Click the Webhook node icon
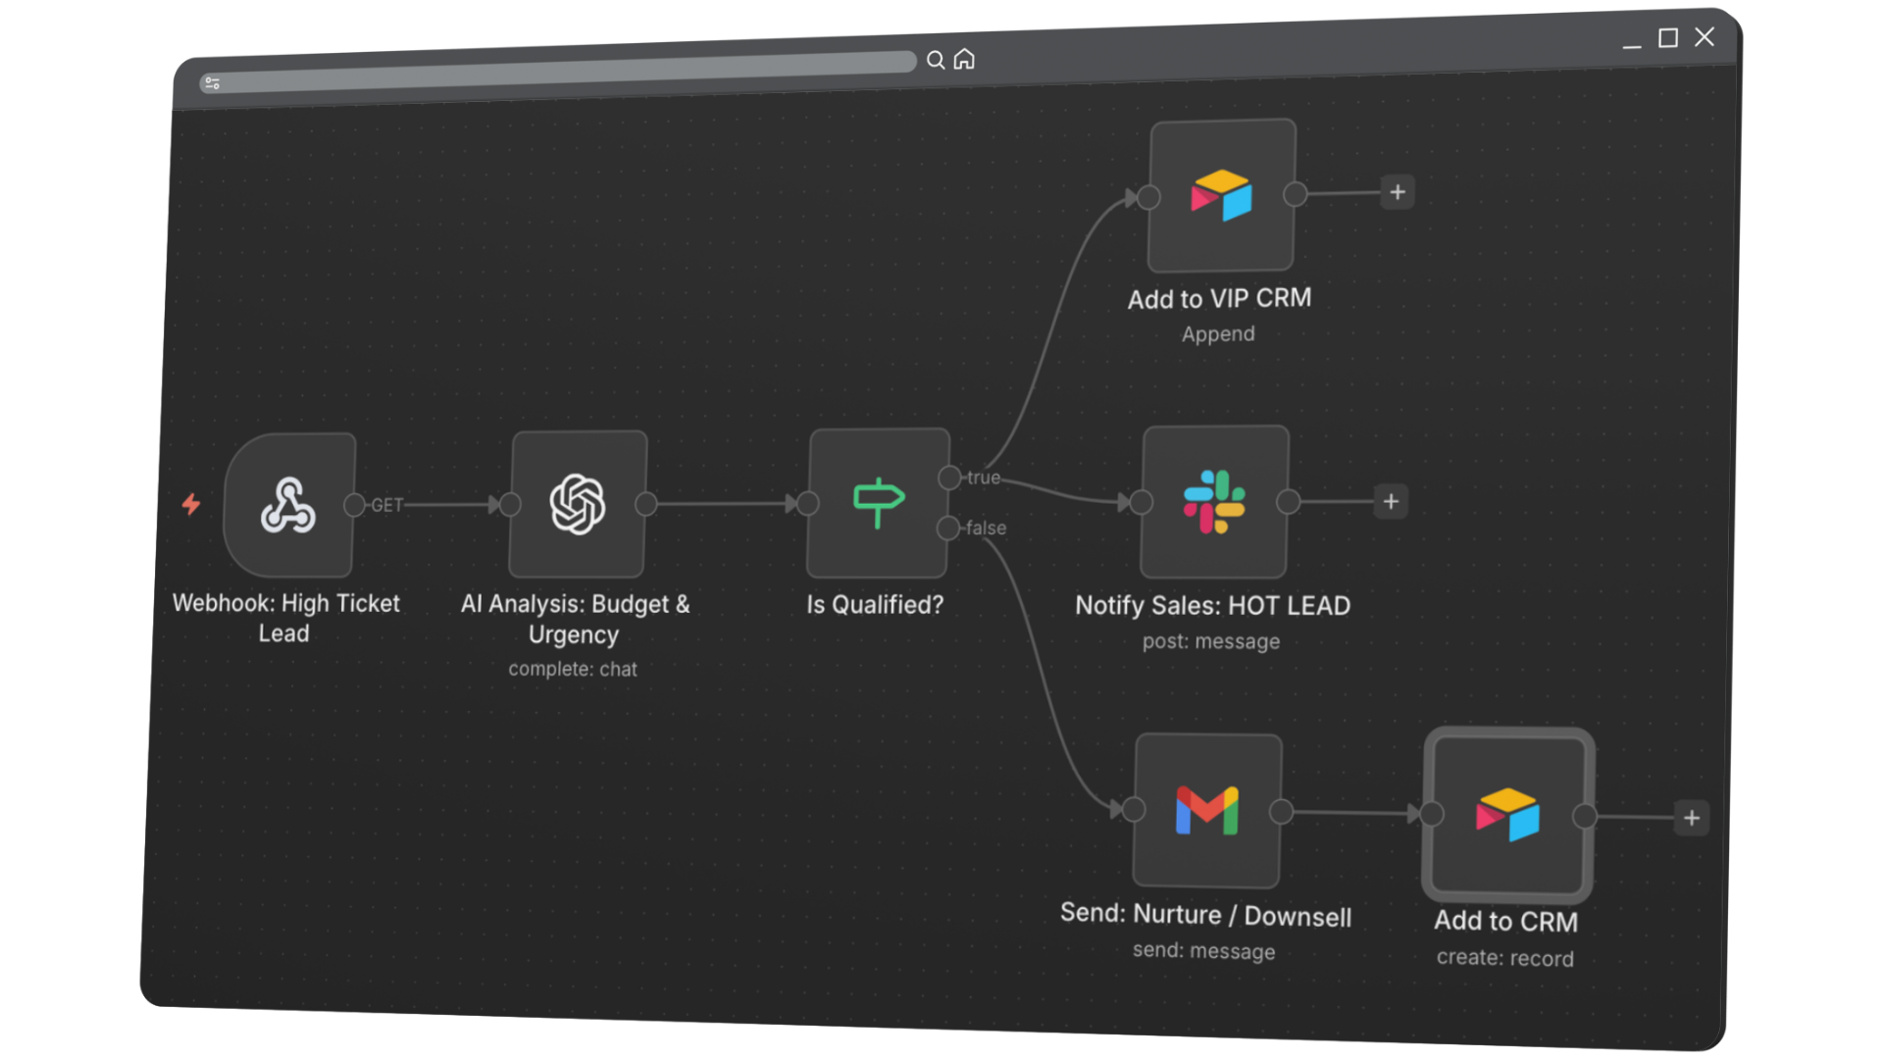click(x=288, y=505)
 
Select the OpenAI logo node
click(x=578, y=504)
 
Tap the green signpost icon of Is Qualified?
click(x=878, y=502)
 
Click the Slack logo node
click(x=1214, y=502)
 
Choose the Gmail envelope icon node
click(x=1207, y=811)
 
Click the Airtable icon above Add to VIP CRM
click(x=1221, y=195)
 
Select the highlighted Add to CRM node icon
click(x=1507, y=815)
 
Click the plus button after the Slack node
click(x=1391, y=502)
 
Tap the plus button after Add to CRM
click(x=1692, y=818)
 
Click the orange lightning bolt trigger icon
click(x=191, y=504)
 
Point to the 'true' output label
click(x=984, y=478)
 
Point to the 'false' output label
click(x=986, y=528)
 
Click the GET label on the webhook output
click(x=387, y=505)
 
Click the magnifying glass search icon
click(x=936, y=61)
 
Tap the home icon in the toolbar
click(x=964, y=60)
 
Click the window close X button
click(x=1705, y=37)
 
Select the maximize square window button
click(x=1668, y=38)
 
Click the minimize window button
click(x=1632, y=42)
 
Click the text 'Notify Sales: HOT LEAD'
click(x=1212, y=606)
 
